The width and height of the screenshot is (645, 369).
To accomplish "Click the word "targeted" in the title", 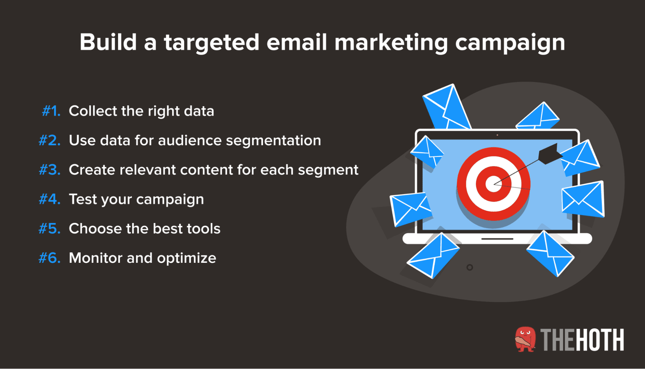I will coord(211,43).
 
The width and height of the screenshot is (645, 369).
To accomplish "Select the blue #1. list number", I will coord(51,111).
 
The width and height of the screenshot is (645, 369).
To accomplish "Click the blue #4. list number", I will coord(50,199).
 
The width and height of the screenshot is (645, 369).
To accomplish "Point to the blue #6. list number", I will coord(50,258).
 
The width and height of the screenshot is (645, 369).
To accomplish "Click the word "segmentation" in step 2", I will coord(273,140).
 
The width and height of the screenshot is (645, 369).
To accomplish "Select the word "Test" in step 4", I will coord(83,199).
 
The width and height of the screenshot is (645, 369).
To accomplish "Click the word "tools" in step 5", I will coord(204,229).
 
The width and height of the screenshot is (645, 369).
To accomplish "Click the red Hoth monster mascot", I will coord(525,339).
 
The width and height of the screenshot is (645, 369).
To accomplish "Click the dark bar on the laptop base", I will coord(497,239).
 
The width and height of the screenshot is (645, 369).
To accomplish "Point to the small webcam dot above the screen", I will coord(497,135).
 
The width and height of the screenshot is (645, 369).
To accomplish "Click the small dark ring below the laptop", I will coord(470,267).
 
